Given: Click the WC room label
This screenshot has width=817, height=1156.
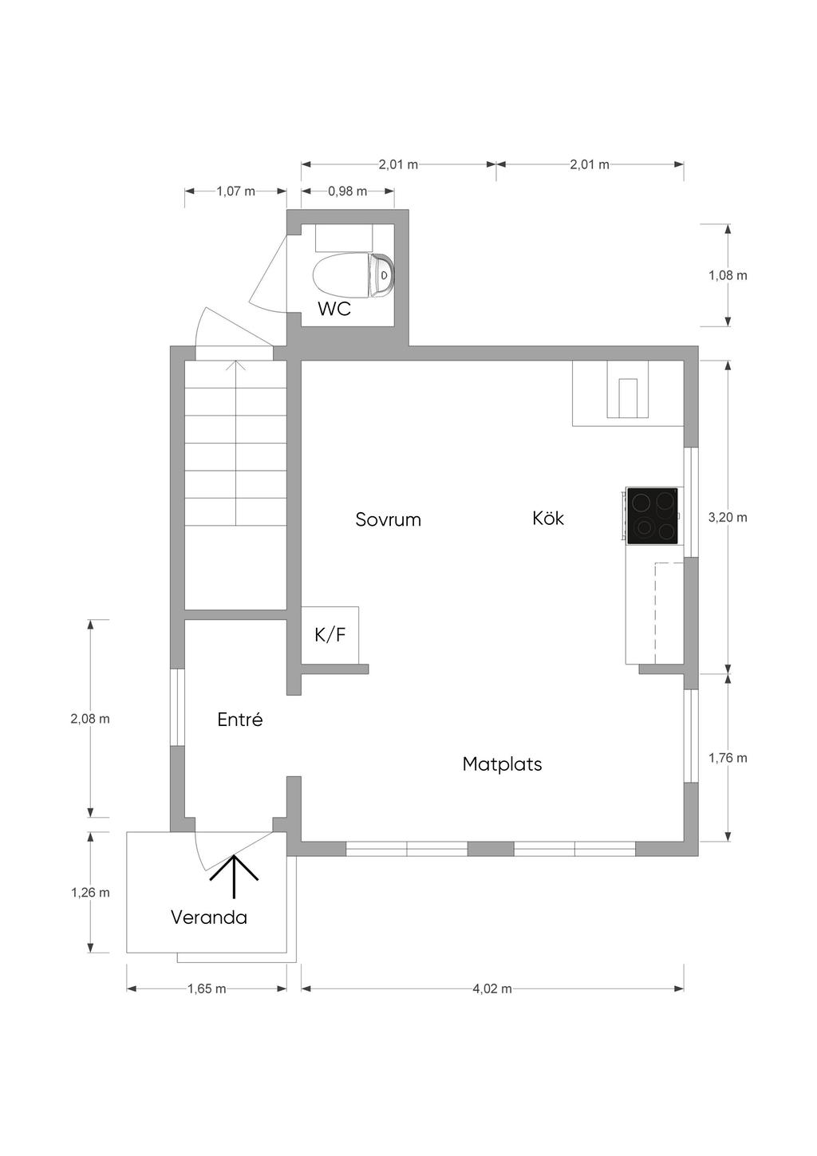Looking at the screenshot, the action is [x=334, y=309].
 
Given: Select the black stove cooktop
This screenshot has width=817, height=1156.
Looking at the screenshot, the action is [x=652, y=515].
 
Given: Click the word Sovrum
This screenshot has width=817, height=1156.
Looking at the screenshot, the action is [x=388, y=519].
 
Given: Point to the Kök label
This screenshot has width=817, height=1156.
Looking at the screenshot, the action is [x=548, y=518].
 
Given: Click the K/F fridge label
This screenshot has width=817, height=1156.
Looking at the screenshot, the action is [x=330, y=635].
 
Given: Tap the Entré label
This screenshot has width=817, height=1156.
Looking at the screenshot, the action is [x=240, y=719].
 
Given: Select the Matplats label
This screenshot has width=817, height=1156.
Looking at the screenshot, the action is [x=502, y=763].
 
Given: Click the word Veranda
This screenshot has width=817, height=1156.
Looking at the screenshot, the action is [x=209, y=917].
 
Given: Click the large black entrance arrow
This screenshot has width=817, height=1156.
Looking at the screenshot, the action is [x=234, y=876].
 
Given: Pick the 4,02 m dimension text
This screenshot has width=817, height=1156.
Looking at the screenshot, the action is [x=492, y=988].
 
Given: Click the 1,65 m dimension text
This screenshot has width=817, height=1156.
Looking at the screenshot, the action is [x=207, y=988].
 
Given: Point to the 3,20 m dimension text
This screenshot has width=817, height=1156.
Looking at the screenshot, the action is [x=728, y=517].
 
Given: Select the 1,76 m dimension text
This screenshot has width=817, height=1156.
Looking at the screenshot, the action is [x=728, y=758].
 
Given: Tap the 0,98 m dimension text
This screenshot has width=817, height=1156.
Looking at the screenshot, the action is [x=347, y=191].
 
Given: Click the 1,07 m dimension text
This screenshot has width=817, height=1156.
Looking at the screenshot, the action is [x=235, y=191].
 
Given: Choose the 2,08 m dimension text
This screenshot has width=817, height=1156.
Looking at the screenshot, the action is [x=90, y=718].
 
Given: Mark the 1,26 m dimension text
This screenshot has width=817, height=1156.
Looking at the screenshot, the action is [x=90, y=892].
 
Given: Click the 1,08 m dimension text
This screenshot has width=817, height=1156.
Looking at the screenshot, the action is [x=728, y=275].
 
